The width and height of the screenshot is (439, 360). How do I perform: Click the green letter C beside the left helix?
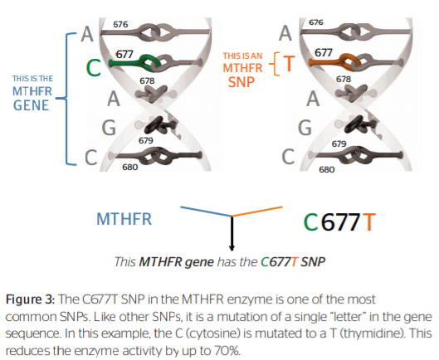(94, 68)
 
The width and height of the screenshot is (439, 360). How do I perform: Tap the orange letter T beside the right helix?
(289, 64)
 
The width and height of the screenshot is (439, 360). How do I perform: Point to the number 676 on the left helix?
(120, 25)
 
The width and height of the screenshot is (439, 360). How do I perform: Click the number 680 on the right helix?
(327, 169)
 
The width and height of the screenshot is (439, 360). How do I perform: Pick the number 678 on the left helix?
(147, 81)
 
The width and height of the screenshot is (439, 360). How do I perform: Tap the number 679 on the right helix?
(339, 144)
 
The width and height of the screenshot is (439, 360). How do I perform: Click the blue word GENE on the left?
(31, 105)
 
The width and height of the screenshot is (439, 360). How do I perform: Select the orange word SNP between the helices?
(241, 82)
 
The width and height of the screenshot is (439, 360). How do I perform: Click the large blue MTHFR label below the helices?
(124, 219)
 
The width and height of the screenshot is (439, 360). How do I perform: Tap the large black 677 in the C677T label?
(340, 222)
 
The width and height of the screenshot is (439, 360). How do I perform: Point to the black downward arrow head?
(232, 248)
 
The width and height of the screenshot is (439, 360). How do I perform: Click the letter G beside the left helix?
(109, 128)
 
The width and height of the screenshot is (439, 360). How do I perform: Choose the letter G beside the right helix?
(305, 128)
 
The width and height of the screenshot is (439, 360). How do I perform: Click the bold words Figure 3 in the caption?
(30, 299)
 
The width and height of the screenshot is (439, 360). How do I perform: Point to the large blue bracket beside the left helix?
(66, 99)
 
